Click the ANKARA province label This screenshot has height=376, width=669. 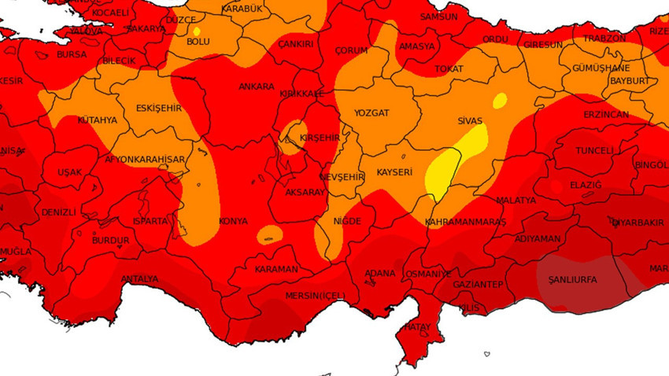257,87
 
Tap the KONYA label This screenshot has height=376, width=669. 233,221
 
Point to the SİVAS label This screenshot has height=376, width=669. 470,122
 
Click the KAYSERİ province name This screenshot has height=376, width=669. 394,171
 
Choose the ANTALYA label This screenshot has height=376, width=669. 139,279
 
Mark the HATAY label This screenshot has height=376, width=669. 419,326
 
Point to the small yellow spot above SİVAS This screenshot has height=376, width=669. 500,100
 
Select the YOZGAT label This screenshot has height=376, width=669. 371,113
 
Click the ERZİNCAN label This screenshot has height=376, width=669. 605,115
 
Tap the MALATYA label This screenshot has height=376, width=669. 516,201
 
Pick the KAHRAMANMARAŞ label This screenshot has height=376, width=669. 465,223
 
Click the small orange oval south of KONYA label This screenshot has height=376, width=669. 269,234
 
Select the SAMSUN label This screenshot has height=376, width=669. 438,16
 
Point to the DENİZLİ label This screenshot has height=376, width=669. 59,212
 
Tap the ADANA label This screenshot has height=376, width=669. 380,274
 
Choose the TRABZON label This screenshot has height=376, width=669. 604,38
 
